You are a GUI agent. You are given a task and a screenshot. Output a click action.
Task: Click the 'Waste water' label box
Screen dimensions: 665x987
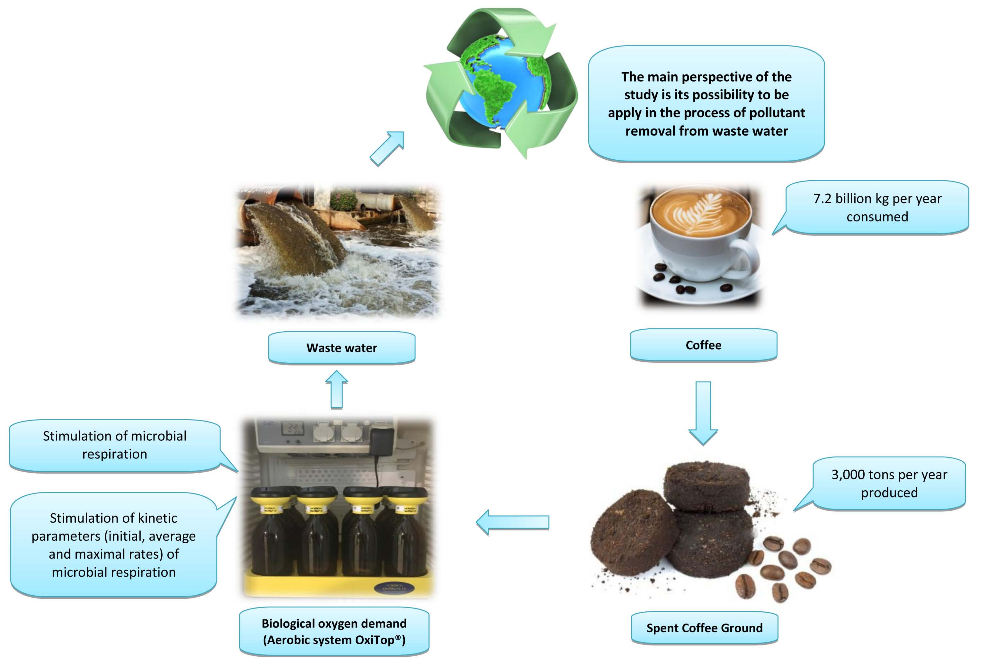pyautogui.click(x=341, y=348)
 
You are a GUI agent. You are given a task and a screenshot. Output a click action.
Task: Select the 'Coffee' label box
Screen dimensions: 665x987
pyautogui.click(x=703, y=345)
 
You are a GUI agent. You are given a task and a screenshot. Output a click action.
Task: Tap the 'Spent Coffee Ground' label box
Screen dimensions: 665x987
pyautogui.click(x=704, y=628)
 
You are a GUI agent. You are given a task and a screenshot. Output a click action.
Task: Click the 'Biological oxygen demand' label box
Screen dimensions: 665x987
pyautogui.click(x=334, y=631)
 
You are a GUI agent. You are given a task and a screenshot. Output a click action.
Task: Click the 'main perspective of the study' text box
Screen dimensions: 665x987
pyautogui.click(x=706, y=104)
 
